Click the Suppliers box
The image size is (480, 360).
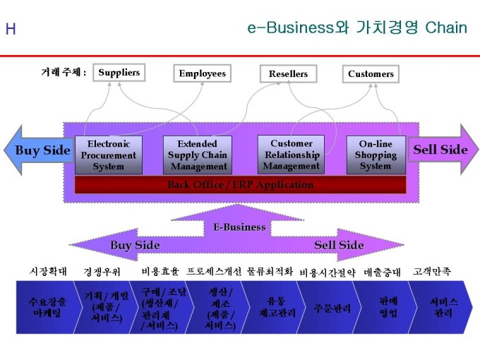click(119, 72)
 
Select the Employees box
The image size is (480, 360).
click(203, 73)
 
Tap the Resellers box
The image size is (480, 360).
click(288, 73)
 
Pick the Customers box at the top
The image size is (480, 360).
click(371, 73)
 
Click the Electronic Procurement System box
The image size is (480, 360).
click(108, 155)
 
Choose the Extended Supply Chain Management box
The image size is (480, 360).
click(198, 155)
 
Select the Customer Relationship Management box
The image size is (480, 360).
click(291, 155)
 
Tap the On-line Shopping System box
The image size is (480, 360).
click(376, 155)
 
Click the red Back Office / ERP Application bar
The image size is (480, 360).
click(240, 185)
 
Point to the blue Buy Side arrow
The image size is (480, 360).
click(39, 150)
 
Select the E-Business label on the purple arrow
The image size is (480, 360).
click(239, 227)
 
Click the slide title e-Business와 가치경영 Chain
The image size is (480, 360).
click(357, 28)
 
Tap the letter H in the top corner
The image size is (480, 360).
click(11, 29)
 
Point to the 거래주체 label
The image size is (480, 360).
click(64, 73)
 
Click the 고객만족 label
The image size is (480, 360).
click(432, 271)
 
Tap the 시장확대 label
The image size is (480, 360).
click(48, 271)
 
